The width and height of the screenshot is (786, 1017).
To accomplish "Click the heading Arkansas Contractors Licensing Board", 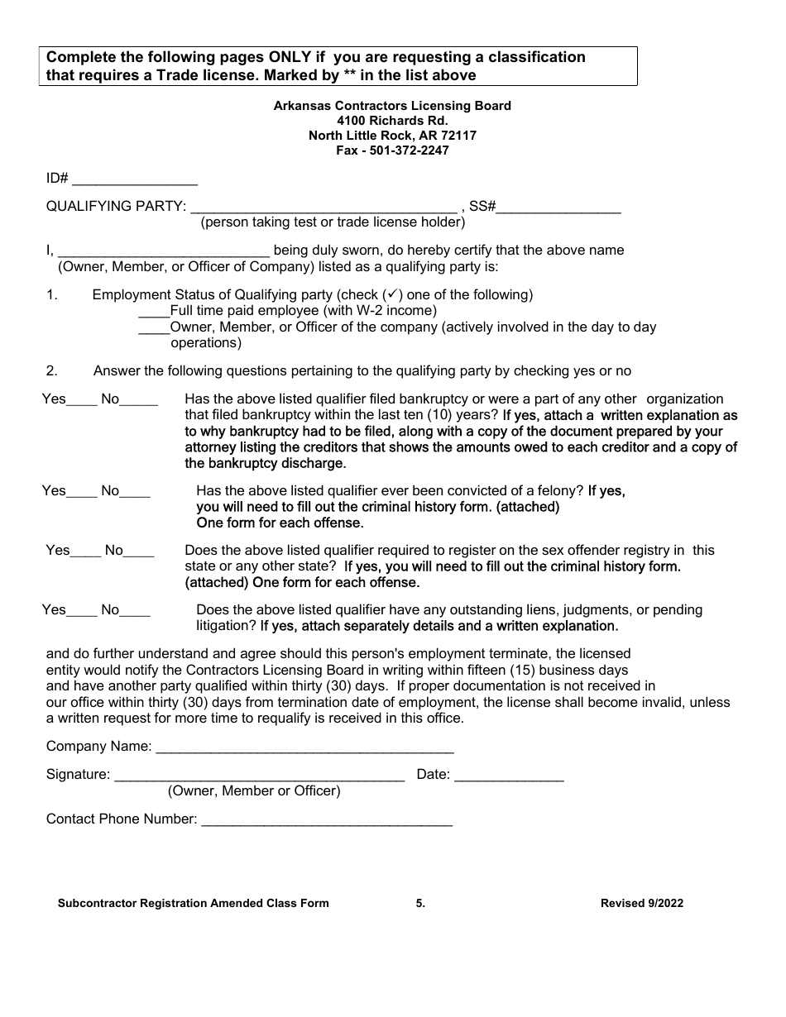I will click(392, 106).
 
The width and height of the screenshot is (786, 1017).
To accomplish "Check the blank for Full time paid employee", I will click(154, 311).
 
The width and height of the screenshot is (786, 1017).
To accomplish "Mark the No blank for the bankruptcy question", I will click(139, 400).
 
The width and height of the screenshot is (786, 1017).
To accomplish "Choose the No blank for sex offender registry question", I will click(139, 551).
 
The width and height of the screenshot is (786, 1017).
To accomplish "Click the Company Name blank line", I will click(304, 747).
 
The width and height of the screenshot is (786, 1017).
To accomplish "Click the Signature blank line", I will click(259, 776).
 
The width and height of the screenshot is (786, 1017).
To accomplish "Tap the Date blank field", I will click(509, 776).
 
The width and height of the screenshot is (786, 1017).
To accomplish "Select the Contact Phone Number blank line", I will click(327, 820).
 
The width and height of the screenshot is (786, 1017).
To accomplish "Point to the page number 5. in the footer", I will click(420, 904).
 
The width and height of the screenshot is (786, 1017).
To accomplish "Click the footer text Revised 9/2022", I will click(641, 904).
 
